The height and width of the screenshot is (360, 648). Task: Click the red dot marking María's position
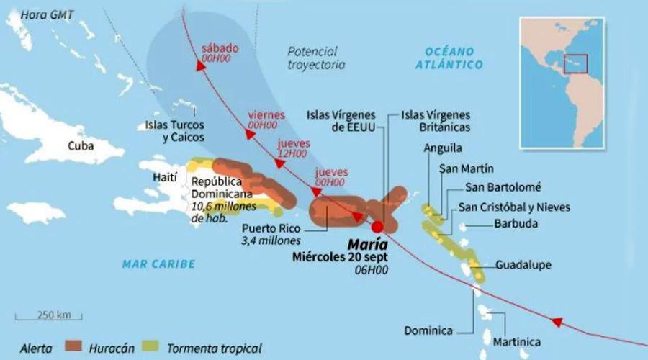[x=378, y=226]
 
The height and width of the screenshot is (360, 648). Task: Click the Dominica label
[x=428, y=330]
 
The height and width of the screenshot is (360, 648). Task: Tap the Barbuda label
[x=516, y=223]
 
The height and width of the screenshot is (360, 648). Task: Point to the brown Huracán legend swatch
[x=76, y=348]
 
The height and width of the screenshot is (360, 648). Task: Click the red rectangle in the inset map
[x=576, y=63]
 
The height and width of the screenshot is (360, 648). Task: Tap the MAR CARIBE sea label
[x=158, y=264]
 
